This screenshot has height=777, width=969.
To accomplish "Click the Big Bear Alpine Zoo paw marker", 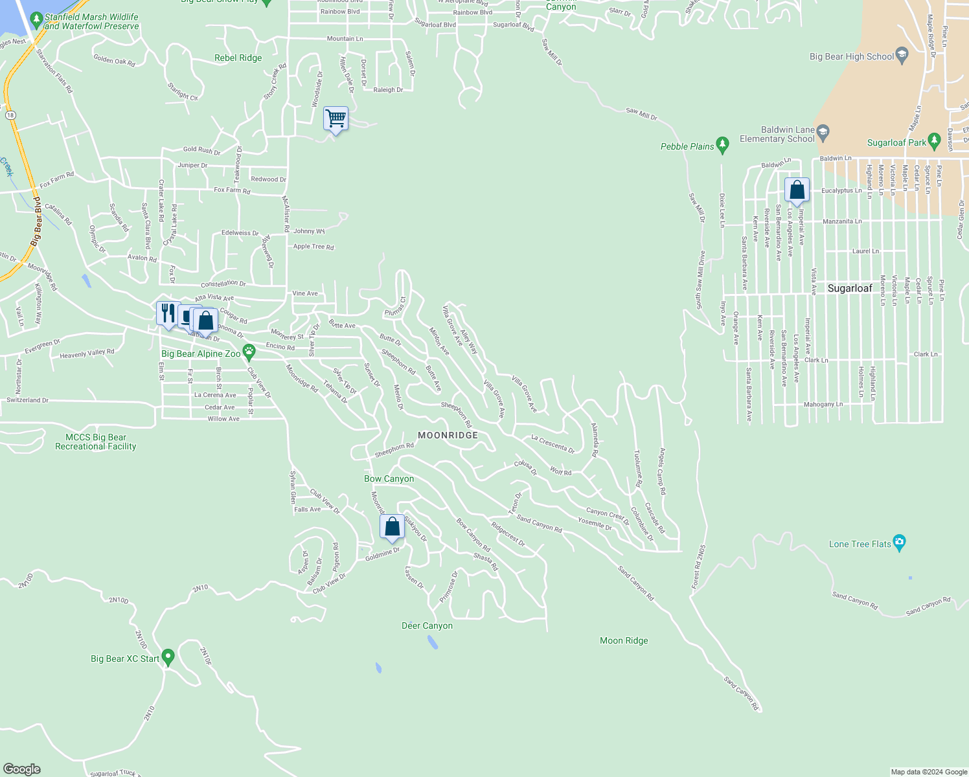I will (249, 353).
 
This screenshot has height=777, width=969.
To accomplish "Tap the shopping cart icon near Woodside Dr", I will (336, 119).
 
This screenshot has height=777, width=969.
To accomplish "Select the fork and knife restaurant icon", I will (168, 314).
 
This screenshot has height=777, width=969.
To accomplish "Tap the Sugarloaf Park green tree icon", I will (933, 141).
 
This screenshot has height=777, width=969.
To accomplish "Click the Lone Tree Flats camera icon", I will (899, 543).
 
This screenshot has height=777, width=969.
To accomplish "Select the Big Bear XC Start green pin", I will (168, 657).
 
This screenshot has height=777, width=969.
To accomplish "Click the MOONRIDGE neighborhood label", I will (448, 436).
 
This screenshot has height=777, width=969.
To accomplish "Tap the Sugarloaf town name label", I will (850, 288).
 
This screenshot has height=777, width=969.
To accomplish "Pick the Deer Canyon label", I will (427, 625).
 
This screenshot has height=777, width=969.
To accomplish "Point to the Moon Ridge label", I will (624, 640).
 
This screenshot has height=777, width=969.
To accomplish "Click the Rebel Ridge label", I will (238, 58).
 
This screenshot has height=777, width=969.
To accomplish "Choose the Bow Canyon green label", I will (389, 479).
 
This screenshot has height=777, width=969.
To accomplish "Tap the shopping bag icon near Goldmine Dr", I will (393, 527).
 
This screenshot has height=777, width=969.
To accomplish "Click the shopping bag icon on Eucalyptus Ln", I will (797, 190).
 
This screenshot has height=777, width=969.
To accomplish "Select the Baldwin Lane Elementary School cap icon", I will (823, 133).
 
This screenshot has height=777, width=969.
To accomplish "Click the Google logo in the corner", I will (21, 769).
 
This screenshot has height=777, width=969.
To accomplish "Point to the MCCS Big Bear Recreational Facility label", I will (96, 442).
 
